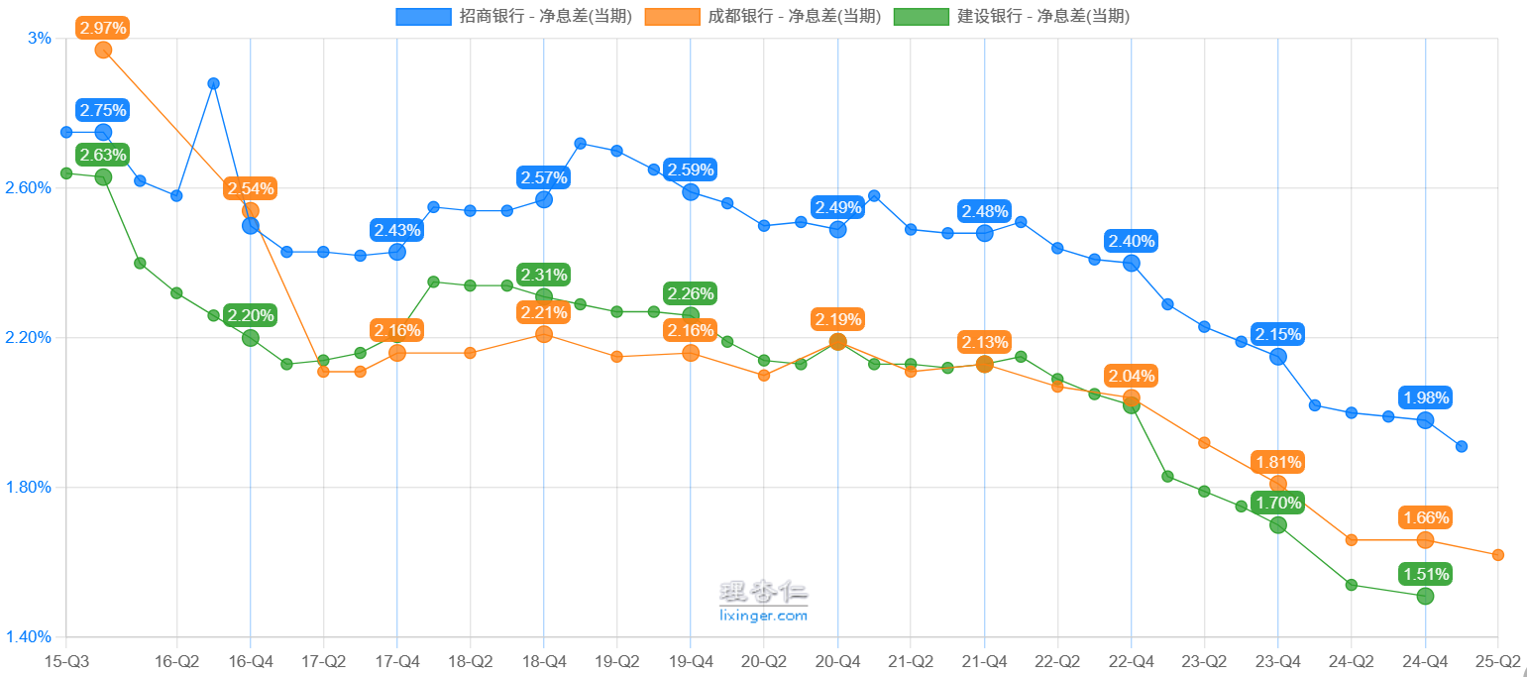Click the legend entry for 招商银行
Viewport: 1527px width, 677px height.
(513, 16)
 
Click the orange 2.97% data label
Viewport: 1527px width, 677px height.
(103, 28)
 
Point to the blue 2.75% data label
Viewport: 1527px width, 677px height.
(103, 111)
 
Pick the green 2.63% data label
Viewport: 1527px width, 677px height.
(103, 156)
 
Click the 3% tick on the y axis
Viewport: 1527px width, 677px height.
(39, 39)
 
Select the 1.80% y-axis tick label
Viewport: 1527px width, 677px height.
(29, 488)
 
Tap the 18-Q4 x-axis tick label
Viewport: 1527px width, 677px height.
(543, 660)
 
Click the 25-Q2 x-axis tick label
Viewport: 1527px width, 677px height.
(1497, 660)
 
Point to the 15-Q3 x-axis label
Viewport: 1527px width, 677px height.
(66, 660)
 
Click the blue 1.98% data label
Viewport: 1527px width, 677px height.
(1425, 398)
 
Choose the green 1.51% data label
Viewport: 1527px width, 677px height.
(1425, 575)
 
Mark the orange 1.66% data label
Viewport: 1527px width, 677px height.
(1425, 517)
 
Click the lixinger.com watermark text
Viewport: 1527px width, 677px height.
(763, 616)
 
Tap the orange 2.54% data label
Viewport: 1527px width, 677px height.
(250, 188)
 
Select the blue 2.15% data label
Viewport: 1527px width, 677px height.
(1278, 335)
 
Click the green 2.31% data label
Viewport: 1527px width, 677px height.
(544, 275)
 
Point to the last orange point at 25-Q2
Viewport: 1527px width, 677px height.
(1497, 555)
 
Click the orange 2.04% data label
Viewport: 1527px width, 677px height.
(1132, 377)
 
